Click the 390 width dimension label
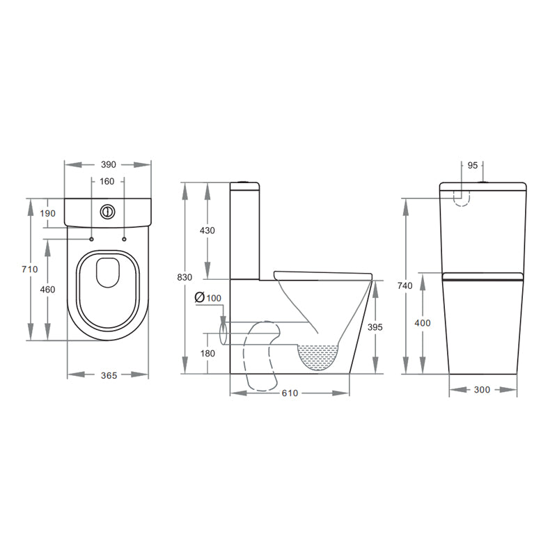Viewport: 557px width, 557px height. pyautogui.click(x=109, y=164)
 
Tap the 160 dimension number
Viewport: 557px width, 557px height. pyautogui.click(x=107, y=182)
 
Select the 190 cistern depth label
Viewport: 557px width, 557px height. pyautogui.click(x=47, y=214)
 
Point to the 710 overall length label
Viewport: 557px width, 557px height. pyautogui.click(x=29, y=269)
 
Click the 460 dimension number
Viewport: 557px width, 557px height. pyautogui.click(x=47, y=290)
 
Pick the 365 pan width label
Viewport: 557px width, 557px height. pyautogui.click(x=109, y=375)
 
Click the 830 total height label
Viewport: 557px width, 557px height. pyautogui.click(x=185, y=277)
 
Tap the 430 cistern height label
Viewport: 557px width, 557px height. pyautogui.click(x=207, y=230)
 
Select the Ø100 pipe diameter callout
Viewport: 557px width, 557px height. pyautogui.click(x=208, y=298)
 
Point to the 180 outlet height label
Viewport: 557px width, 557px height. pyautogui.click(x=207, y=354)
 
